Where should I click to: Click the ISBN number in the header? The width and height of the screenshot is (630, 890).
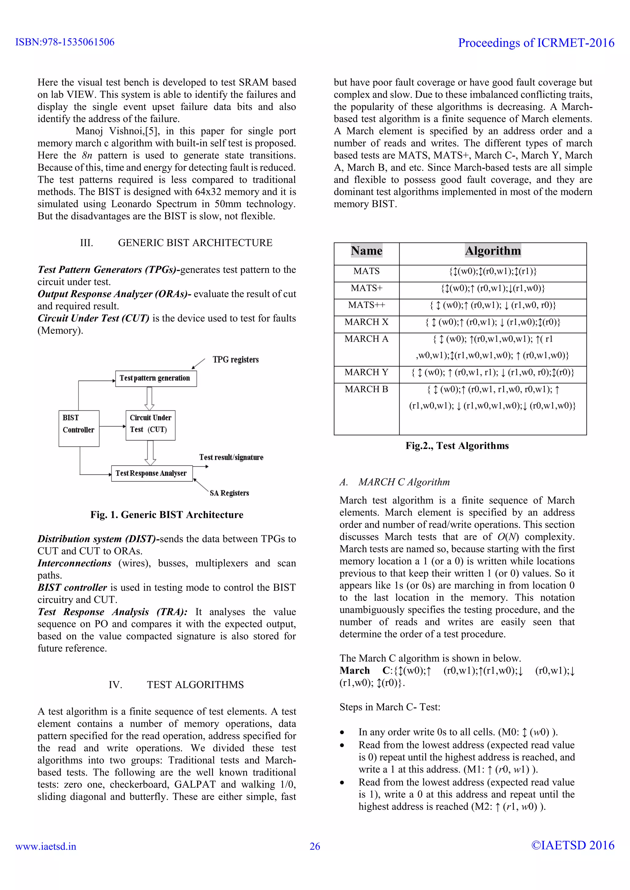(65, 42)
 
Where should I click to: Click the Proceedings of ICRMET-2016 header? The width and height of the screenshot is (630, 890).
(536, 43)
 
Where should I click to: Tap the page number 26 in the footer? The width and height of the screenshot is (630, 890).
(315, 846)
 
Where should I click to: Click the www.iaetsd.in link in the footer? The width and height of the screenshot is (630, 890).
(46, 846)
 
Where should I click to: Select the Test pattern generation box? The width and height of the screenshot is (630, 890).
(156, 378)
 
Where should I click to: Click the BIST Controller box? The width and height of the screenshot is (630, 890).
(79, 428)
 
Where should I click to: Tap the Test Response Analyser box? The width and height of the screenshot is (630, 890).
(152, 473)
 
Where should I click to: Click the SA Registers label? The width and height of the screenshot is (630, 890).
(229, 493)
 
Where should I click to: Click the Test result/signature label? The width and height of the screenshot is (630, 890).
(231, 457)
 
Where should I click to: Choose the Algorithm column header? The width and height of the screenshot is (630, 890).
(493, 251)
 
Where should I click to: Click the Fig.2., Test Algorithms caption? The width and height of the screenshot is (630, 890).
(457, 446)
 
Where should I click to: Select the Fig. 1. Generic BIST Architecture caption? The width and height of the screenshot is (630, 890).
(167, 515)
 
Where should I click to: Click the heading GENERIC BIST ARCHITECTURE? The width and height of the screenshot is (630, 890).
(195, 243)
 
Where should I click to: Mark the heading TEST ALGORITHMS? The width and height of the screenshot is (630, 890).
(195, 685)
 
